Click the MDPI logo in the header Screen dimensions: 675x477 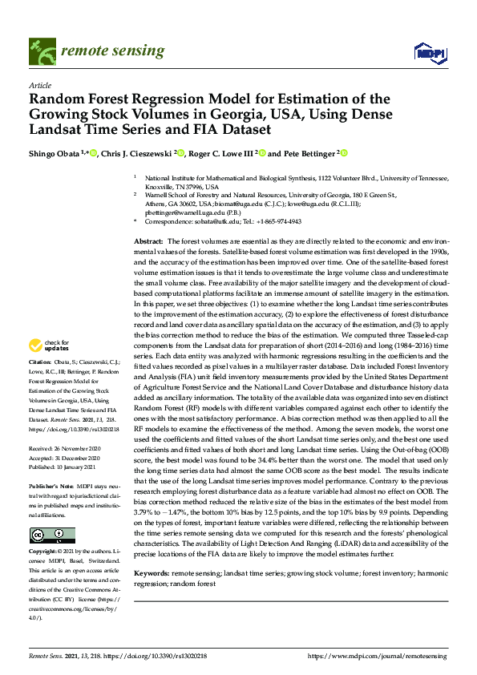429,53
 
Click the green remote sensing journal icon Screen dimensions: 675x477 41,52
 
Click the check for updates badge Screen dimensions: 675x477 51,346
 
